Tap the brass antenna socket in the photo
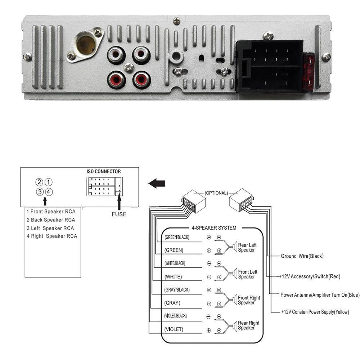coord(86,44)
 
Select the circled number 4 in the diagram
coord(49,192)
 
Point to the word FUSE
coord(119,214)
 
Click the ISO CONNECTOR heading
coord(104,171)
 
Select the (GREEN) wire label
coord(174,250)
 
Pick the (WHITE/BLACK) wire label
coord(175,264)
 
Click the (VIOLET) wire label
coord(174,329)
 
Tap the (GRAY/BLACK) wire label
coord(176,290)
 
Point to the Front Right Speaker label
coord(248,300)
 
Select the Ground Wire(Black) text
coord(302,256)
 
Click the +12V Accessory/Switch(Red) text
coord(310,276)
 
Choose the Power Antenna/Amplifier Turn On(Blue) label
coord(320,295)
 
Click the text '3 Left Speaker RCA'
coord(50,228)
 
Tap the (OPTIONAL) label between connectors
coord(216,193)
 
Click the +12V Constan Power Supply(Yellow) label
coord(315,312)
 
